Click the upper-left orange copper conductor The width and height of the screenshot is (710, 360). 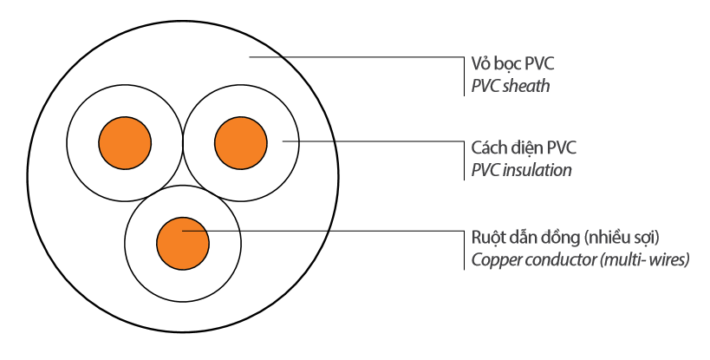(124, 141)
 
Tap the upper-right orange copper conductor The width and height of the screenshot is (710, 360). (240, 141)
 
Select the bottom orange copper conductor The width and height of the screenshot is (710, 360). (183, 241)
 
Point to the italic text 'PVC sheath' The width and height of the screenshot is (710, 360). (511, 87)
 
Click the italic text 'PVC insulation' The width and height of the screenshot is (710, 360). (521, 170)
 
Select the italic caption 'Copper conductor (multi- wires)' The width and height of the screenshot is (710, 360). (580, 259)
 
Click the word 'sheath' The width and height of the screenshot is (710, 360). (527, 87)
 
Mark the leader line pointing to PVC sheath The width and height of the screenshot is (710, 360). (355, 57)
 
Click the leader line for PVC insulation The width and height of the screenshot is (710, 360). (373, 140)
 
